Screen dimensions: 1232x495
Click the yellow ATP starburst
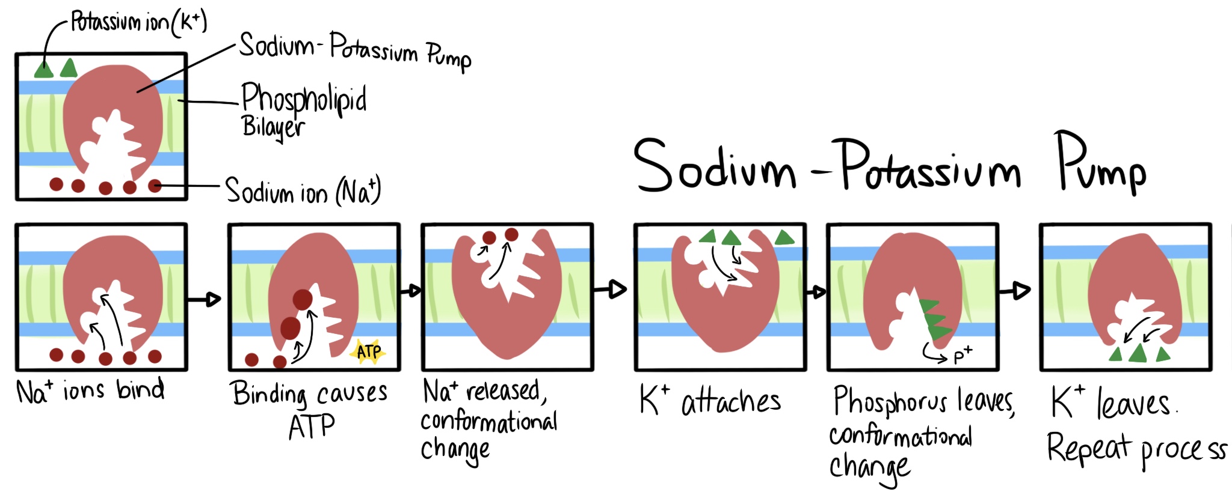[x=368, y=351]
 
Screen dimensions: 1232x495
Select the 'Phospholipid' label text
[x=304, y=99]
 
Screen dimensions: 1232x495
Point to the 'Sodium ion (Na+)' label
[x=303, y=191]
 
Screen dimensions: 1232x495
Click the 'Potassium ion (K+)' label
[x=138, y=23]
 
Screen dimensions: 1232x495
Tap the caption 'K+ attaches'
[x=710, y=401]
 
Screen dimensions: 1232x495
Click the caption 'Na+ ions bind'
[x=90, y=391]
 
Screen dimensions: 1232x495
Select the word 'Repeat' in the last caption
[x=1088, y=448]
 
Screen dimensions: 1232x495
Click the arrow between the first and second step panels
[x=205, y=298]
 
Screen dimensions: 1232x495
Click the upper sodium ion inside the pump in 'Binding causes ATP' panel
[x=303, y=299]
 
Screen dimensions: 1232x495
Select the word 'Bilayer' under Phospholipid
[x=273, y=127]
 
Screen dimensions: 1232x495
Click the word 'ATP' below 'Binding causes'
[x=311, y=427]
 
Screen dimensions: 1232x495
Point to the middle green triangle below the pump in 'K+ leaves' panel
[x=1138, y=353]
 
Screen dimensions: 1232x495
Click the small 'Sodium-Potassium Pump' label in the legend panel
[x=355, y=50]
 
